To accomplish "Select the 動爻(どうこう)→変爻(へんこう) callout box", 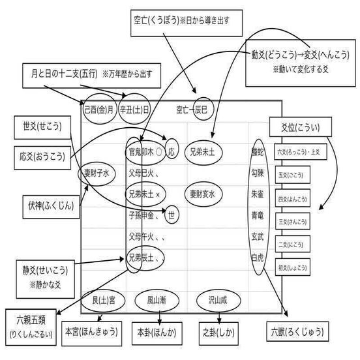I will (x=296, y=60).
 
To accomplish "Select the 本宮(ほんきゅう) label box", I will (x=92, y=331).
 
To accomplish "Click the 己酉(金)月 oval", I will (x=99, y=109).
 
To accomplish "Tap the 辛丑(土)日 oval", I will (x=134, y=109).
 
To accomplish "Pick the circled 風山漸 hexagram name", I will (x=158, y=301).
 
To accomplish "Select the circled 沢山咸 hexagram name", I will (x=218, y=301).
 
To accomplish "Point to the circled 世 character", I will (x=172, y=213).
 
